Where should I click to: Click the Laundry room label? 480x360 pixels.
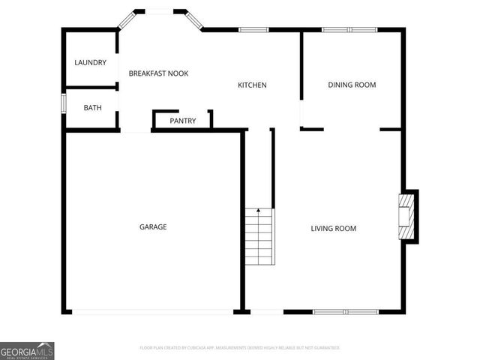[x=90, y=62]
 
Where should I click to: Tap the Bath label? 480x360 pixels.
[x=92, y=108]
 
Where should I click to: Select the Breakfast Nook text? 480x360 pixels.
[x=158, y=73]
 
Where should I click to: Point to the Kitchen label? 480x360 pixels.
[x=252, y=85]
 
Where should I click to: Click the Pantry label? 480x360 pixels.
[x=183, y=121]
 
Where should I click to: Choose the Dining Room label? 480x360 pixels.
[x=352, y=85]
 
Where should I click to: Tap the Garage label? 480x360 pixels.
[x=153, y=226]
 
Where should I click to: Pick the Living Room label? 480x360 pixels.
[x=334, y=229]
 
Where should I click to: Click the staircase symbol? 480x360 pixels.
[x=259, y=237]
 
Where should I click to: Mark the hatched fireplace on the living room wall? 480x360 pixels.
[x=406, y=217]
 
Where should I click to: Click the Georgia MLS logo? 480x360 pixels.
[x=27, y=351]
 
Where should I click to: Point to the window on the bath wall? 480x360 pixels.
[x=63, y=102]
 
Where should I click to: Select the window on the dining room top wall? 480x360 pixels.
[x=349, y=29]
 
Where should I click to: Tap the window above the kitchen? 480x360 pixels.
[x=253, y=29]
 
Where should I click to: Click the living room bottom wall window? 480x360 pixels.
[x=346, y=311]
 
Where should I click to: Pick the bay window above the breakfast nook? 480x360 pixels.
[x=159, y=11]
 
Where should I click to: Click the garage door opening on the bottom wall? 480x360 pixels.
[x=153, y=311]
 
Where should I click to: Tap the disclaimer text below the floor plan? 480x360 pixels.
[x=240, y=348]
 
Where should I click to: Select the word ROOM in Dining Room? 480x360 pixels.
[x=365, y=85]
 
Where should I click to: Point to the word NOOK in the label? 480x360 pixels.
[x=178, y=73]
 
